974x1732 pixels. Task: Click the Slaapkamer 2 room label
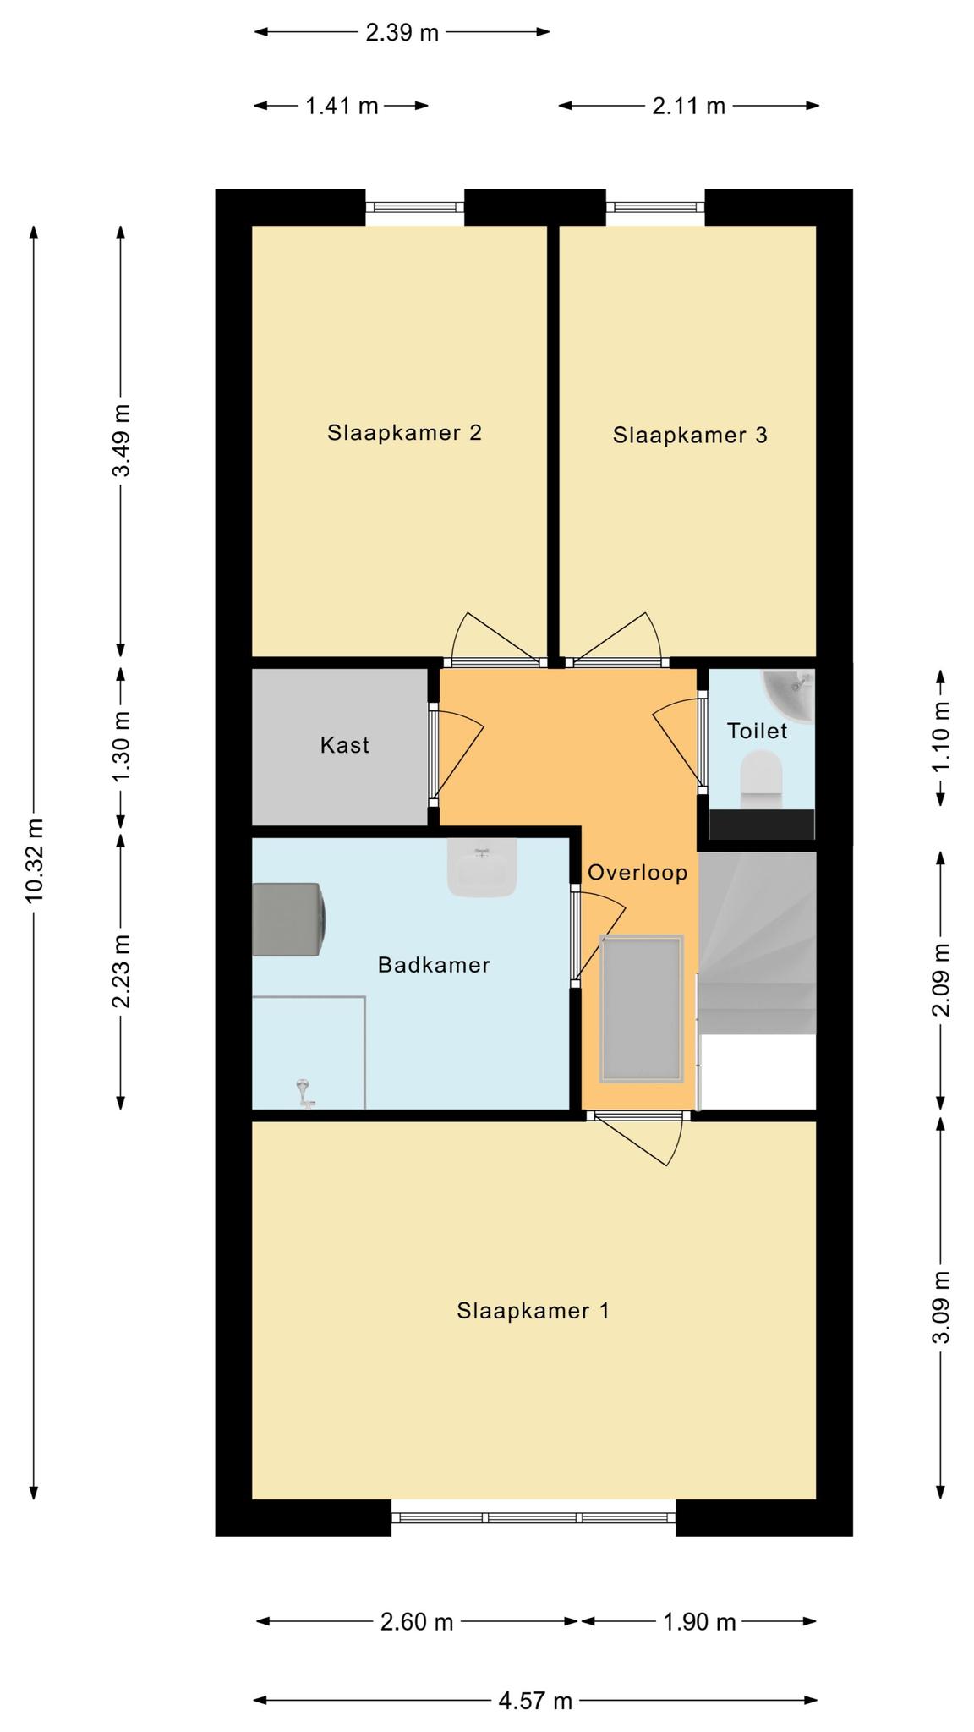tap(404, 433)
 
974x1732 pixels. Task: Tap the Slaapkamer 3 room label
tap(690, 436)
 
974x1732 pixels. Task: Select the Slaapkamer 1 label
tap(533, 1311)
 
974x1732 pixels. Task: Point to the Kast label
tap(345, 745)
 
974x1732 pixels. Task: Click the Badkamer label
tap(434, 965)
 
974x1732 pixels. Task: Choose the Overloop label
tap(637, 873)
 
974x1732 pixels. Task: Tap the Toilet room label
tap(758, 731)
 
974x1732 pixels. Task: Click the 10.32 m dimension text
tap(35, 860)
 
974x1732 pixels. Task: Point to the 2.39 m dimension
tap(402, 33)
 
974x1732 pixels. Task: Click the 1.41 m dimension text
tap(342, 107)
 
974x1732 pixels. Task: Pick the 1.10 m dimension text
tap(941, 735)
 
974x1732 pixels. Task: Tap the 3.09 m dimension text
tap(941, 1307)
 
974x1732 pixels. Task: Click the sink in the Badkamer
tap(482, 868)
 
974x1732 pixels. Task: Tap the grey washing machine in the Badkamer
tap(287, 919)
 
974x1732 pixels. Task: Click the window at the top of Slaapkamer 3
tap(655, 207)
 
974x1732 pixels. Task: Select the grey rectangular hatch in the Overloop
tap(641, 1009)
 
